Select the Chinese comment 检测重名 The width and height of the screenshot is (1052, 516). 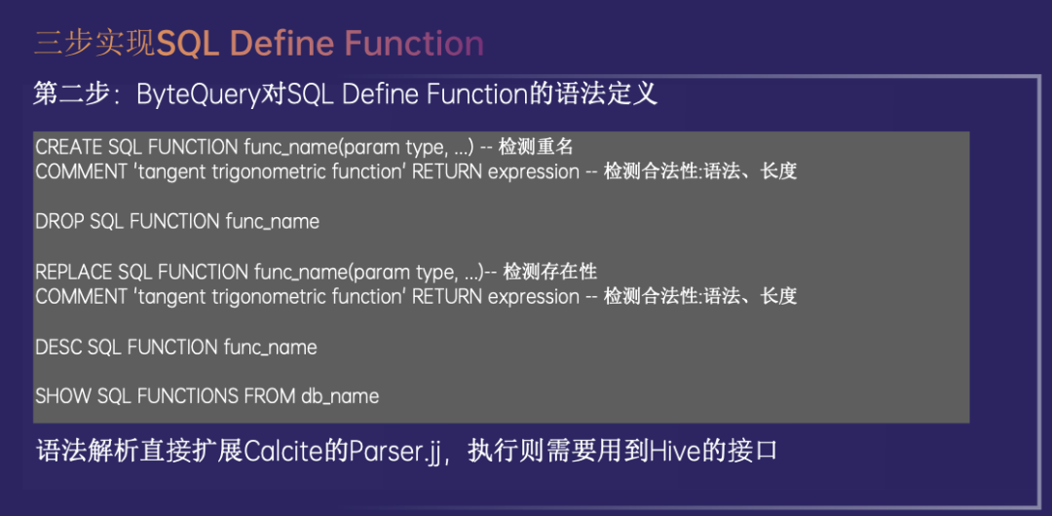(x=534, y=146)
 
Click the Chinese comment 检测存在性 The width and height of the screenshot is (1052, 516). (x=549, y=272)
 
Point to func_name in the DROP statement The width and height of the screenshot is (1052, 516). (x=272, y=221)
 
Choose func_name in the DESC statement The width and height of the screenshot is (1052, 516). (x=270, y=348)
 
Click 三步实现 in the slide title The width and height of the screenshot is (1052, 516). (x=94, y=44)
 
